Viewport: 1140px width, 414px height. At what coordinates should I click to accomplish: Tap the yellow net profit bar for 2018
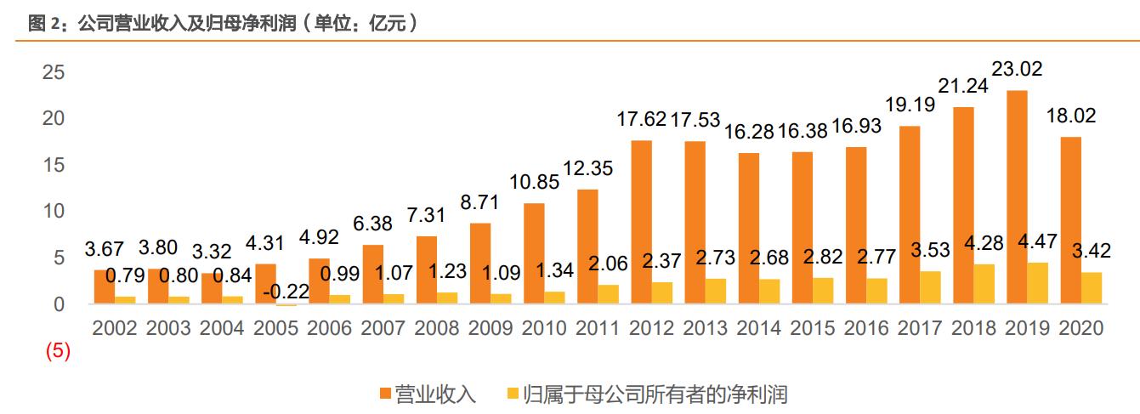point(984,284)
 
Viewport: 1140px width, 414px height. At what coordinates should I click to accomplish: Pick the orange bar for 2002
point(104,287)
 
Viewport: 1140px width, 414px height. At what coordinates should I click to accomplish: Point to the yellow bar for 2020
point(1091,288)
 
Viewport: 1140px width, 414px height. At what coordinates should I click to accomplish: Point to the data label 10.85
point(533,182)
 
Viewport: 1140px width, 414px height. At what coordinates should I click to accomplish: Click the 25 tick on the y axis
point(53,73)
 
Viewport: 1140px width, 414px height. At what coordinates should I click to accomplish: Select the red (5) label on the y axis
point(57,350)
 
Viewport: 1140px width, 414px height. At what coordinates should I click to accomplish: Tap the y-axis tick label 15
point(53,165)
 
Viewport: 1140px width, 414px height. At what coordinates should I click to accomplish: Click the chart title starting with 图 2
point(223,24)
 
